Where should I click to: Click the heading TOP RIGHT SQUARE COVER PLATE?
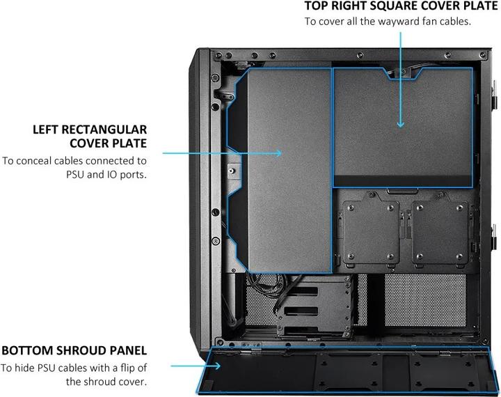(400, 6)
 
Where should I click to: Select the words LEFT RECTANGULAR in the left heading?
(90, 130)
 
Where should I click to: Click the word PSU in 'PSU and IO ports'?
(75, 175)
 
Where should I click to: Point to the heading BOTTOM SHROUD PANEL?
(74, 350)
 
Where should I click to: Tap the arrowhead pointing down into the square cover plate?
(400, 124)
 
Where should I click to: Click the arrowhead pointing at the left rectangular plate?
(278, 153)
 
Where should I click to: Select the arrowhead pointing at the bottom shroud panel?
(217, 366)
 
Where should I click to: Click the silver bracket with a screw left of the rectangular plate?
(234, 171)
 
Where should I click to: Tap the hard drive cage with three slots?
(315, 307)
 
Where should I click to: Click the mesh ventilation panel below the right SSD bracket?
(425, 300)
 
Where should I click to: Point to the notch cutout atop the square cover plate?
(402, 74)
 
